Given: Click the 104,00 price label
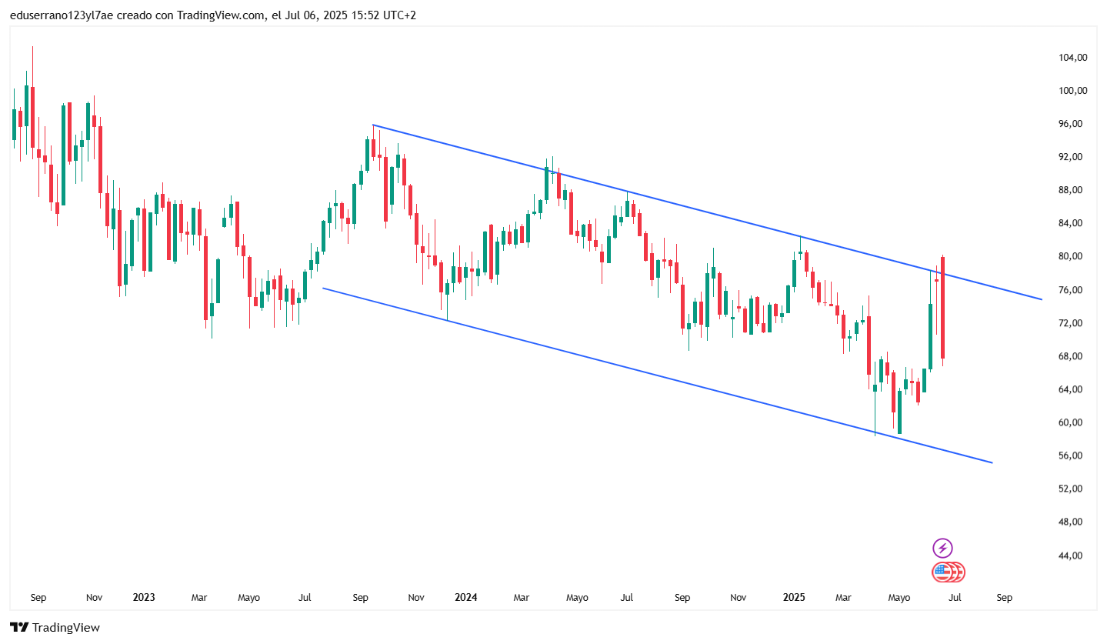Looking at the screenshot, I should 1072,58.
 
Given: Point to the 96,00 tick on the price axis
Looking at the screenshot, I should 1072,124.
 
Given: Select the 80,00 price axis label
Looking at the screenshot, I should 1072,256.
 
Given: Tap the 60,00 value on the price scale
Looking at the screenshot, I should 1072,422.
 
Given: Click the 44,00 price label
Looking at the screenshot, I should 1072,556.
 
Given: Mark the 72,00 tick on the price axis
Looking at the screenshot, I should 1072,323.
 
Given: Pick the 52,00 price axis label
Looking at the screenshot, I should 1072,489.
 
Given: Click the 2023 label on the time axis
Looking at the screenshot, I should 144,597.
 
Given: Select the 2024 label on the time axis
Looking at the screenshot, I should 465,597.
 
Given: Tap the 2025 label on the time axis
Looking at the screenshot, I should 793,597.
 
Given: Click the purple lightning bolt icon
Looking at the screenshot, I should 942,548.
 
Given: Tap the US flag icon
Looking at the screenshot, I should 942,572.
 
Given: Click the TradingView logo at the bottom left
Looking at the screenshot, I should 55,627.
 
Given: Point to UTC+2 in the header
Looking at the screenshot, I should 399,15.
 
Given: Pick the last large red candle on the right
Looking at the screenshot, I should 942,307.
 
